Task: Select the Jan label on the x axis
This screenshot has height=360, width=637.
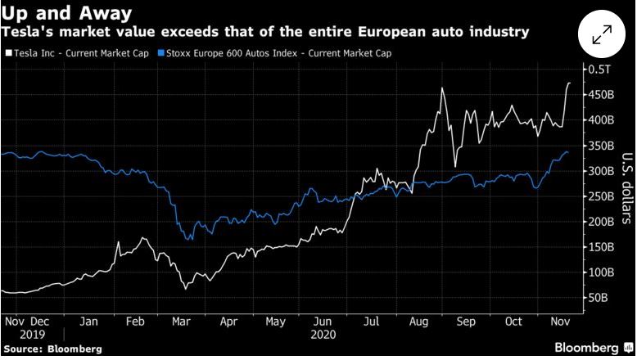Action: coord(91,321)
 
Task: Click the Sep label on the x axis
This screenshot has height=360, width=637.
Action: coord(465,321)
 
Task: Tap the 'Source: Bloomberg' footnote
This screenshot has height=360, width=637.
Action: coord(52,349)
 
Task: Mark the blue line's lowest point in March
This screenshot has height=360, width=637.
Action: coord(190,239)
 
